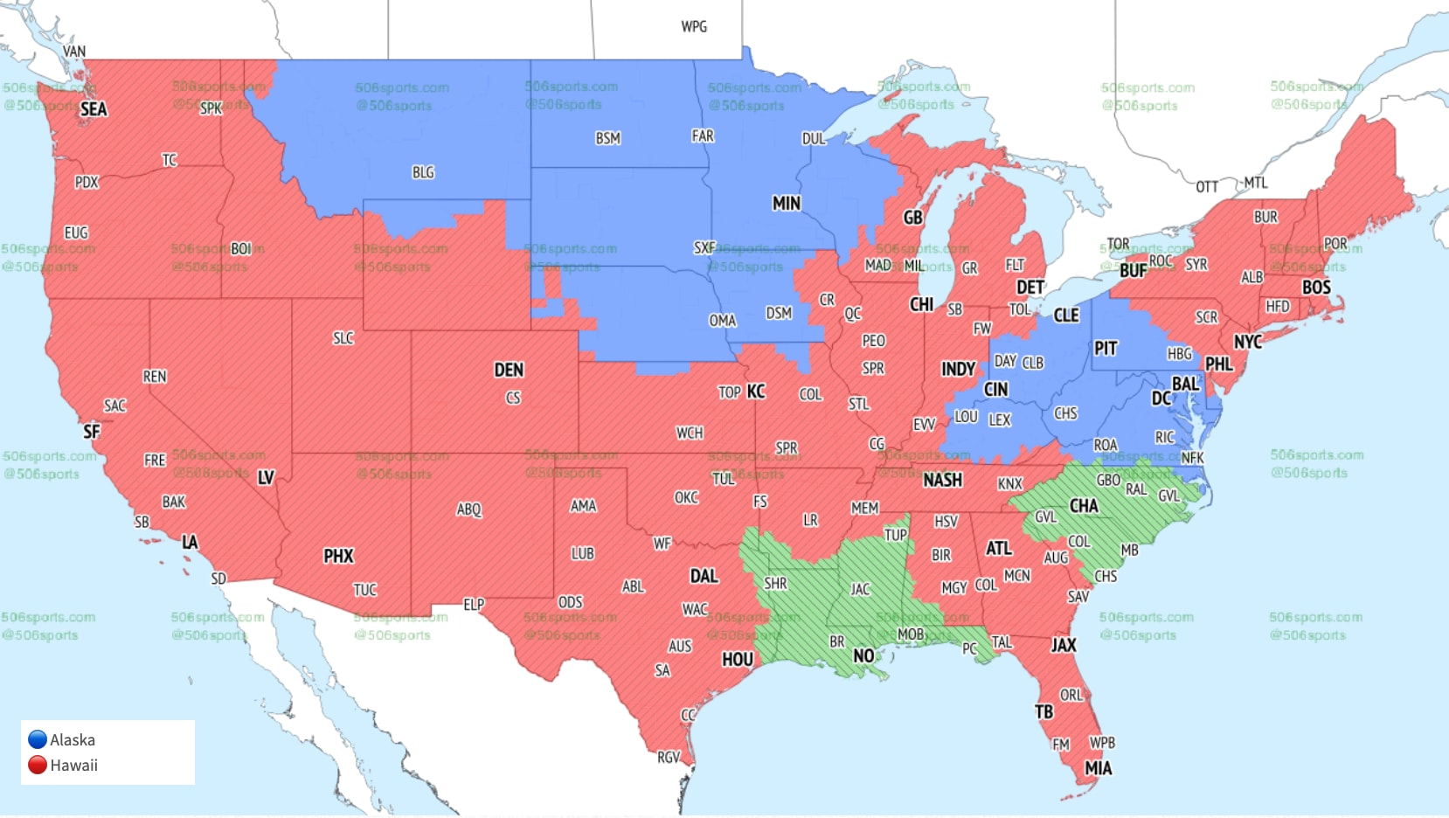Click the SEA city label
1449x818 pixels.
point(94,109)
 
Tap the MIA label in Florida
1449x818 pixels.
point(1099,768)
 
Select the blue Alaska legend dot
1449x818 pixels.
point(38,739)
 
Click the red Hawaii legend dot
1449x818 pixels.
point(38,765)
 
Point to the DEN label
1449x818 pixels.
point(509,370)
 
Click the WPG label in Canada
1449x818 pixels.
point(694,27)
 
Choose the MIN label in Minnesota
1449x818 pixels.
point(786,204)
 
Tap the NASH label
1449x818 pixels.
point(942,480)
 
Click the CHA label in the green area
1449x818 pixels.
point(1084,505)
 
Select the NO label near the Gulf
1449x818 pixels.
point(863,655)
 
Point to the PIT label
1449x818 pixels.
point(1106,349)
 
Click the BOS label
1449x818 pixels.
point(1316,288)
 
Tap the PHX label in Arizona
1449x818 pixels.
point(338,556)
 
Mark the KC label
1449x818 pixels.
point(756,392)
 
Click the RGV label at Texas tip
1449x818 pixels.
point(669,757)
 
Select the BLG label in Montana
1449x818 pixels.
point(423,173)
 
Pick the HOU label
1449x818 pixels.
point(737,660)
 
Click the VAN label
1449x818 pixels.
point(74,52)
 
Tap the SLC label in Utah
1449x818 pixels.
point(343,338)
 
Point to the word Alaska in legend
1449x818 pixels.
point(73,740)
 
